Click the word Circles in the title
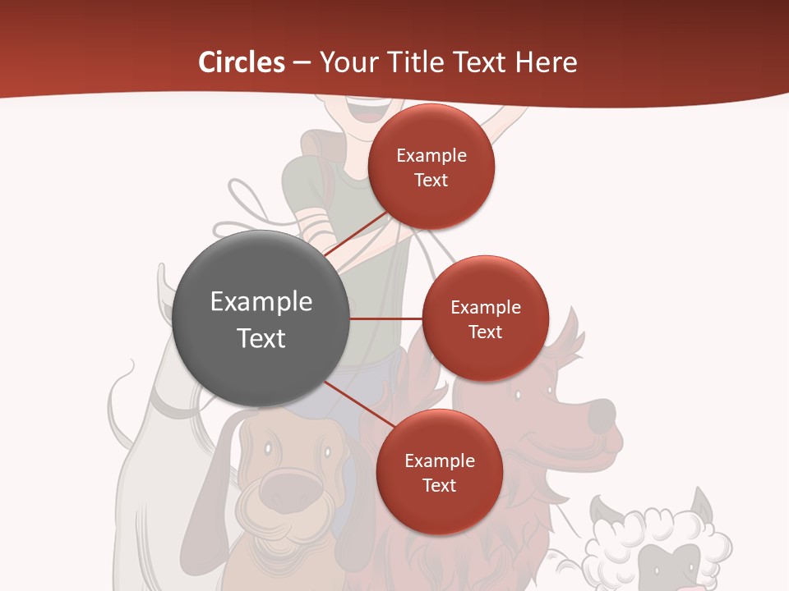point(241,62)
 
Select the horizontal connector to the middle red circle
point(386,318)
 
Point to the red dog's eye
point(518,396)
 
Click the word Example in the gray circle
point(261,301)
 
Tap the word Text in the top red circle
point(431,180)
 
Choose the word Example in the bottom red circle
point(439,461)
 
